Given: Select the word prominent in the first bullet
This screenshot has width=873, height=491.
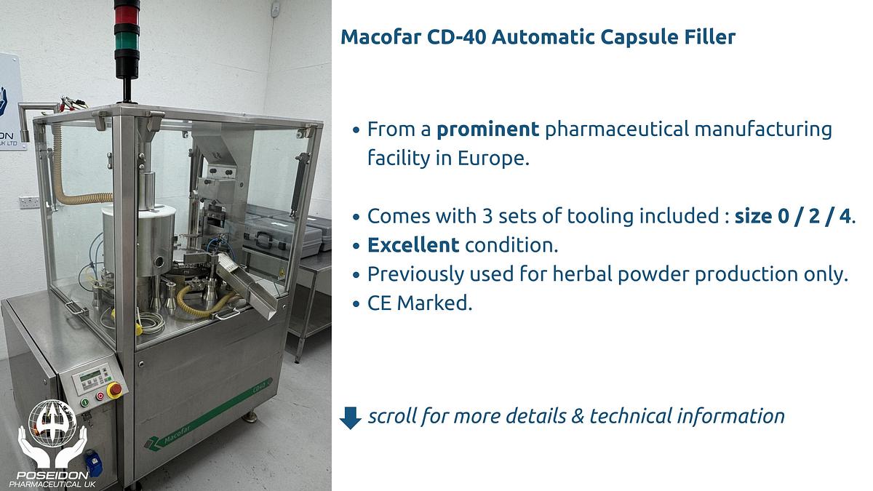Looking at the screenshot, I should click(487, 130).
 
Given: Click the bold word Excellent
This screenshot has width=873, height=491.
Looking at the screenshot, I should click(413, 245).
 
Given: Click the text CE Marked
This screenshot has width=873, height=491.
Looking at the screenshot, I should click(420, 303).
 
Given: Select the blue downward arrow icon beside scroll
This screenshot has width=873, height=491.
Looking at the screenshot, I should click(351, 418).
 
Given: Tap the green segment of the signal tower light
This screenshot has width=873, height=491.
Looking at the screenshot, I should click(125, 36).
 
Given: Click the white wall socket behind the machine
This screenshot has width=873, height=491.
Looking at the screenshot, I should click(28, 201).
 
